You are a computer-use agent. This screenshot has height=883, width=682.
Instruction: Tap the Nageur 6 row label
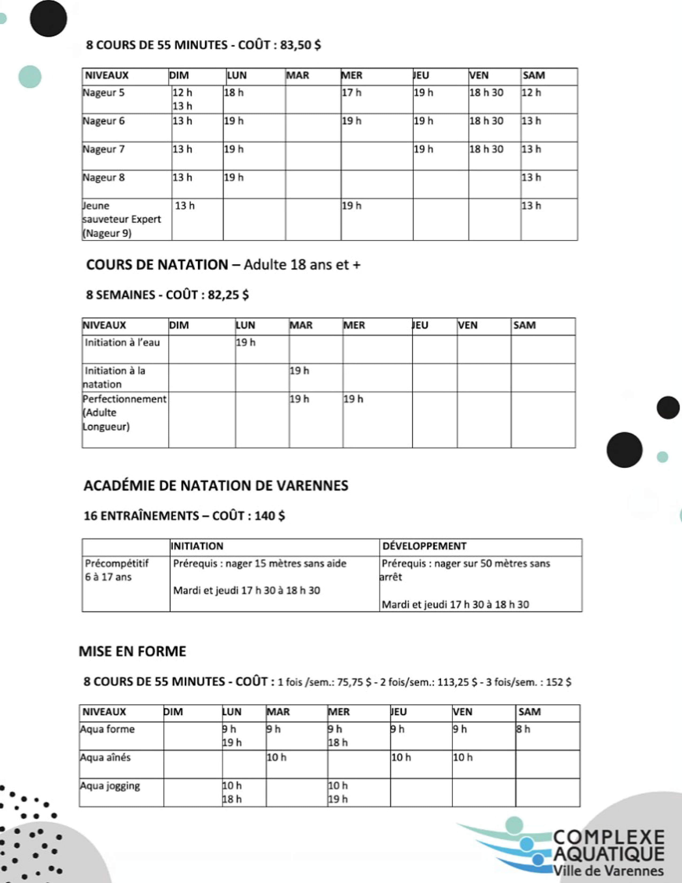tap(104, 121)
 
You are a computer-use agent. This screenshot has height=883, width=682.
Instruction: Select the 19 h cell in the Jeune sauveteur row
tap(352, 206)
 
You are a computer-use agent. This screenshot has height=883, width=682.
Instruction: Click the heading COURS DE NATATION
tap(157, 265)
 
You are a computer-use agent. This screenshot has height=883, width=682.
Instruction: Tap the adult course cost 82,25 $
tap(228, 295)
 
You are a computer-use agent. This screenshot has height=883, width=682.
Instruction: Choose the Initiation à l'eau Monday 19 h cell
tap(246, 343)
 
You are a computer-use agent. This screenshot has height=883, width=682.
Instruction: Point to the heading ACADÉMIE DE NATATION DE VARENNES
tap(216, 486)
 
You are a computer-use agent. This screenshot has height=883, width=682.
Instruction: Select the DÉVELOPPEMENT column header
tap(424, 546)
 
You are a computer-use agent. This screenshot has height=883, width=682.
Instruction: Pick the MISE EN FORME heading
tap(132, 651)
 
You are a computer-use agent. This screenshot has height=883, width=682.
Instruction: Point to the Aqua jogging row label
tap(110, 786)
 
